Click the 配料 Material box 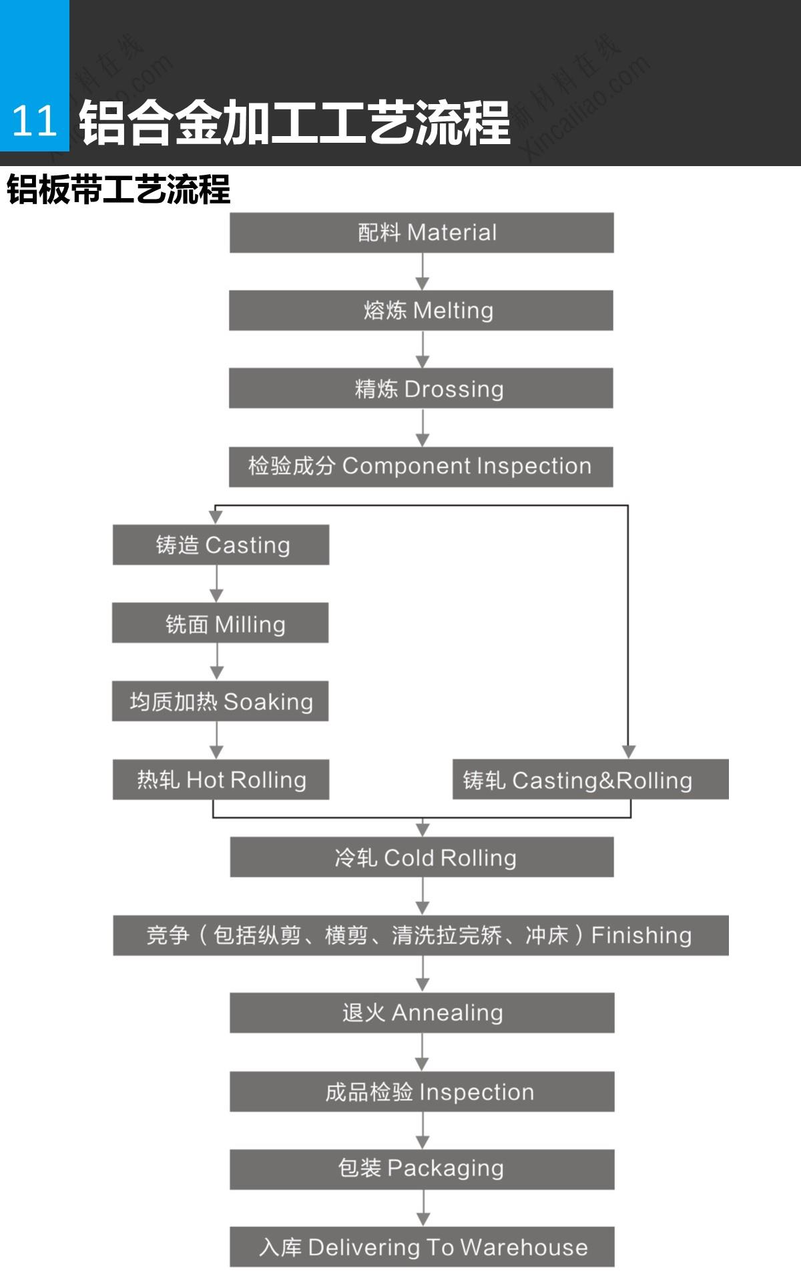pos(421,233)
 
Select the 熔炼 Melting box pos(421,310)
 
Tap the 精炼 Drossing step pos(421,388)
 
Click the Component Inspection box pos(421,466)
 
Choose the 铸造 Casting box pos(221,545)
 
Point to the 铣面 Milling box pos(220,623)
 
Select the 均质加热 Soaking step pos(220,701)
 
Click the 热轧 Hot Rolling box pos(221,779)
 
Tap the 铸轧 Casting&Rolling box pos(590,779)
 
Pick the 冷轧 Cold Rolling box pos(422,857)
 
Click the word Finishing pos(641,935)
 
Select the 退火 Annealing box pos(422,1013)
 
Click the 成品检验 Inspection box pos(422,1092)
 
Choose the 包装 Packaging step pos(422,1169)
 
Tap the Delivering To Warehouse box pos(422,1247)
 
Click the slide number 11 pos(34,121)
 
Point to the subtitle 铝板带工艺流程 pos(119,189)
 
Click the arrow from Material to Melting pos(423,272)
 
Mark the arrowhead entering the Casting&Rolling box pos(628,751)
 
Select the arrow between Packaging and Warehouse pos(423,1208)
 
